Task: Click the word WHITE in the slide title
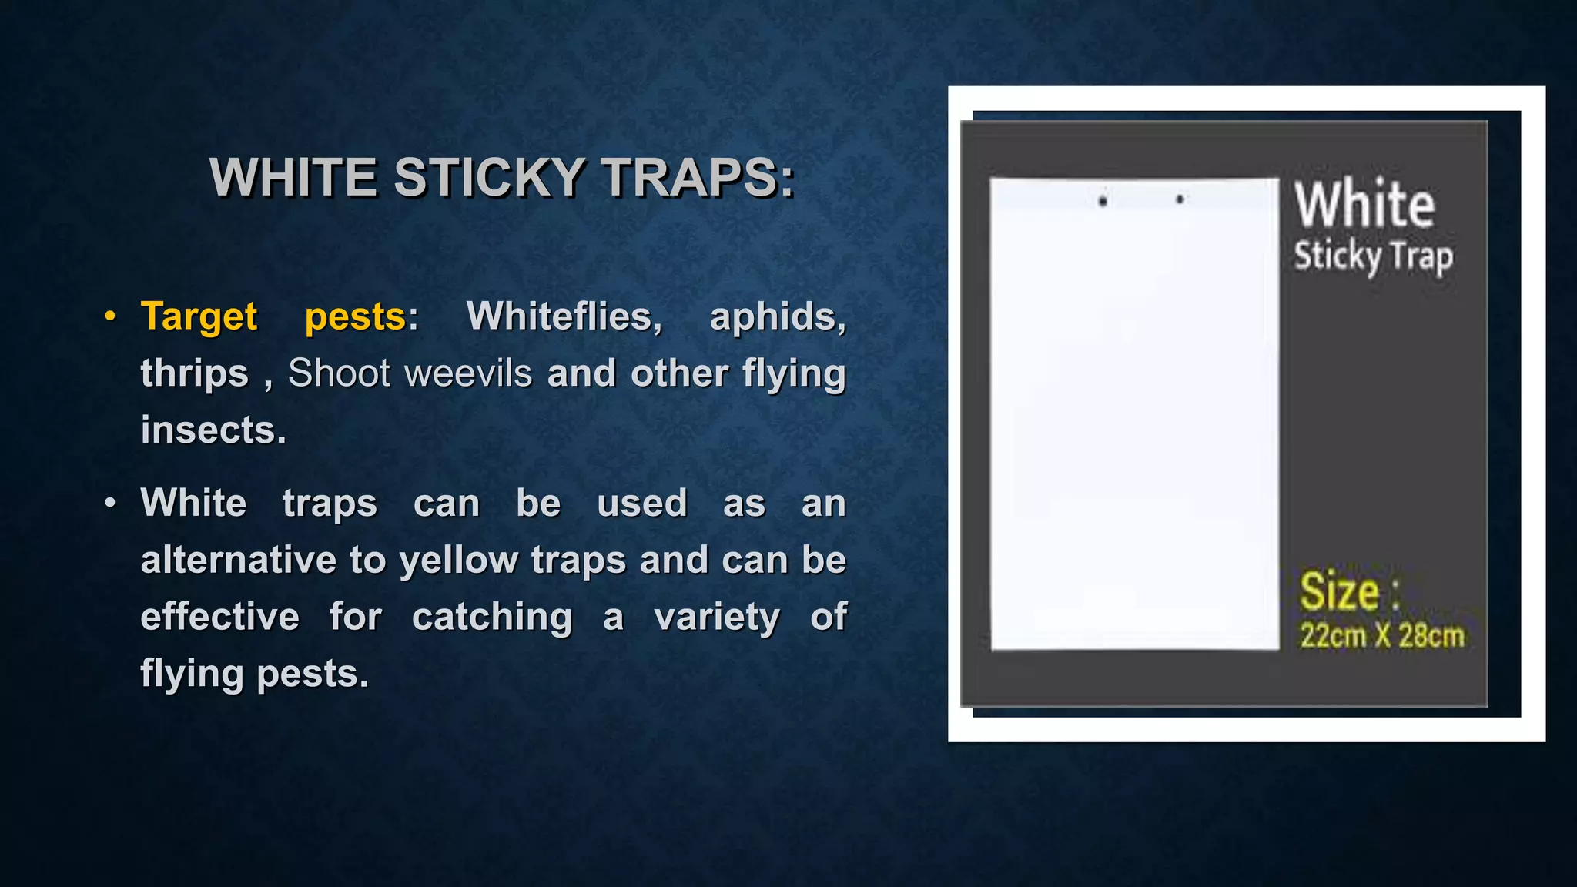[x=293, y=178]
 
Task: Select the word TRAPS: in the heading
[x=698, y=178]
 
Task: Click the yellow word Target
[x=199, y=317]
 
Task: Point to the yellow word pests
[x=355, y=317]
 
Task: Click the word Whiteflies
[x=564, y=317]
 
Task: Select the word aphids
[x=777, y=317]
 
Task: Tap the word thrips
[x=195, y=374]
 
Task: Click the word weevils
[x=468, y=374]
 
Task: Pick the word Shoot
[x=340, y=374]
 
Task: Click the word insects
[x=213, y=430]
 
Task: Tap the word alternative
[x=239, y=561]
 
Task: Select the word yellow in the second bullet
[x=459, y=561]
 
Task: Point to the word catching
[x=492, y=618]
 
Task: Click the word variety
[x=717, y=618]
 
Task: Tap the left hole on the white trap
[x=1103, y=202]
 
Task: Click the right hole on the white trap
[x=1180, y=199]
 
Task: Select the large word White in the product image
[x=1364, y=205]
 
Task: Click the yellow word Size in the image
[x=1340, y=592]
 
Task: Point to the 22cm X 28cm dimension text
[x=1382, y=636]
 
